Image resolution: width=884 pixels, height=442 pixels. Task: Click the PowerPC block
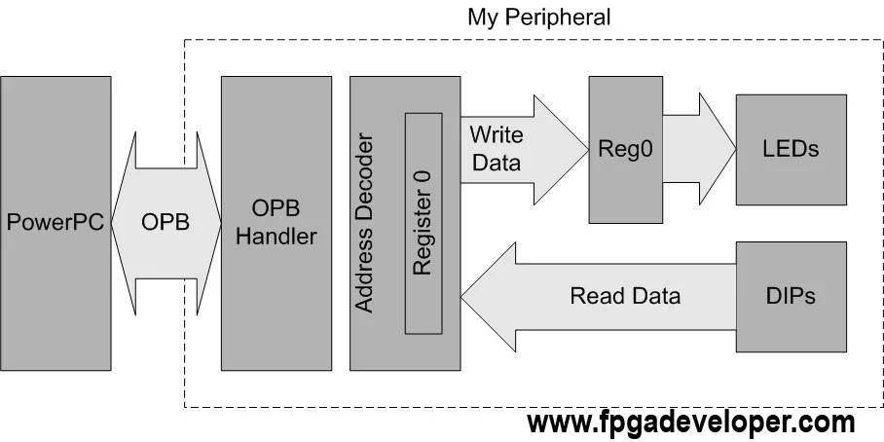pos(55,221)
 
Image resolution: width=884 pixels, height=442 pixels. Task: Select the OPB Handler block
pos(270,222)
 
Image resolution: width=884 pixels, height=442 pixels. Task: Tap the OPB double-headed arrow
pos(166,222)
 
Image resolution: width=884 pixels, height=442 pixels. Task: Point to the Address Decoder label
pos(364,223)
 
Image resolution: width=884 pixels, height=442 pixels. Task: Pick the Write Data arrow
pos(516,148)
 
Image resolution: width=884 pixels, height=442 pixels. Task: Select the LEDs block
pos(789,149)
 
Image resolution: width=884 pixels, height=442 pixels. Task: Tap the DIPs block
pos(789,295)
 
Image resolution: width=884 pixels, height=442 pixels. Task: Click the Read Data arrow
pos(604,296)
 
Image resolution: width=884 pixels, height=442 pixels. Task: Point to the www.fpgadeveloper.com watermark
pos(690,423)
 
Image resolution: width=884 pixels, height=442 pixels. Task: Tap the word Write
pos(496,133)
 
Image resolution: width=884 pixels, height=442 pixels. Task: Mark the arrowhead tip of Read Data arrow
pos(462,296)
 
